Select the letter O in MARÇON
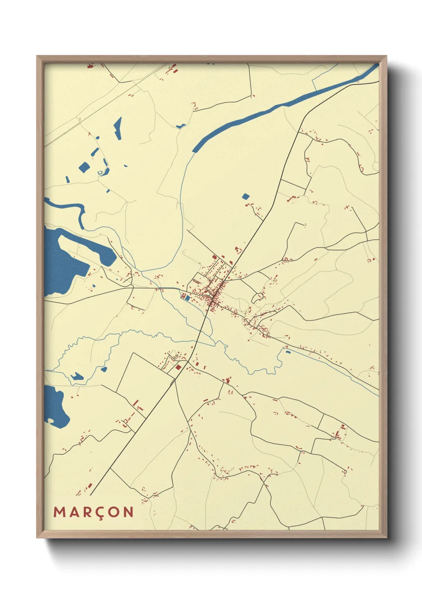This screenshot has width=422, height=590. (x=114, y=512)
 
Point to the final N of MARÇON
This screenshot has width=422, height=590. (x=128, y=512)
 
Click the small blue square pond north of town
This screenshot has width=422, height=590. (x=245, y=196)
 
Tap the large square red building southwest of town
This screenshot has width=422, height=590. (x=179, y=367)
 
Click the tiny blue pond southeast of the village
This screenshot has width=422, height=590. (x=287, y=352)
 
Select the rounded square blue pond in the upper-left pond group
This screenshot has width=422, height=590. (x=84, y=167)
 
